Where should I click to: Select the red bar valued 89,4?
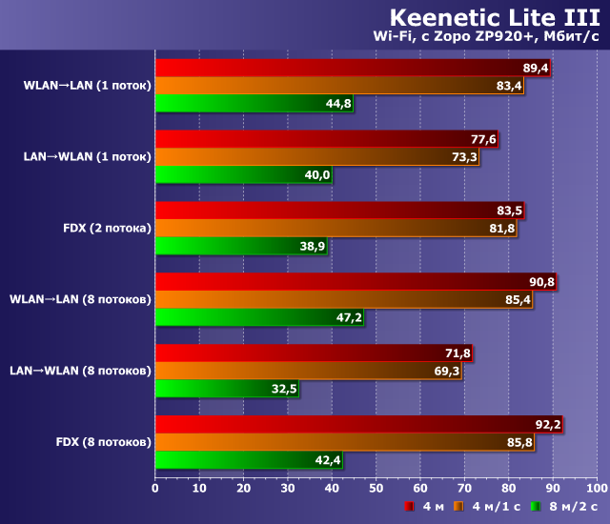point(353,68)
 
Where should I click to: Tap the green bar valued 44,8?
point(254,104)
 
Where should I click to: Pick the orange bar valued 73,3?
point(317,157)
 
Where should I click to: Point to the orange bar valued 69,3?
point(308,372)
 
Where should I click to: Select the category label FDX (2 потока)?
point(106,228)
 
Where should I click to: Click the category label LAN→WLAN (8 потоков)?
point(80,371)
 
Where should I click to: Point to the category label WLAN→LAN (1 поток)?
point(87,85)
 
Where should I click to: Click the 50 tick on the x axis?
point(376,487)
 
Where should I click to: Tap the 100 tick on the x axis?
point(596,487)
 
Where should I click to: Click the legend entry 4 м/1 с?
point(487,506)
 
